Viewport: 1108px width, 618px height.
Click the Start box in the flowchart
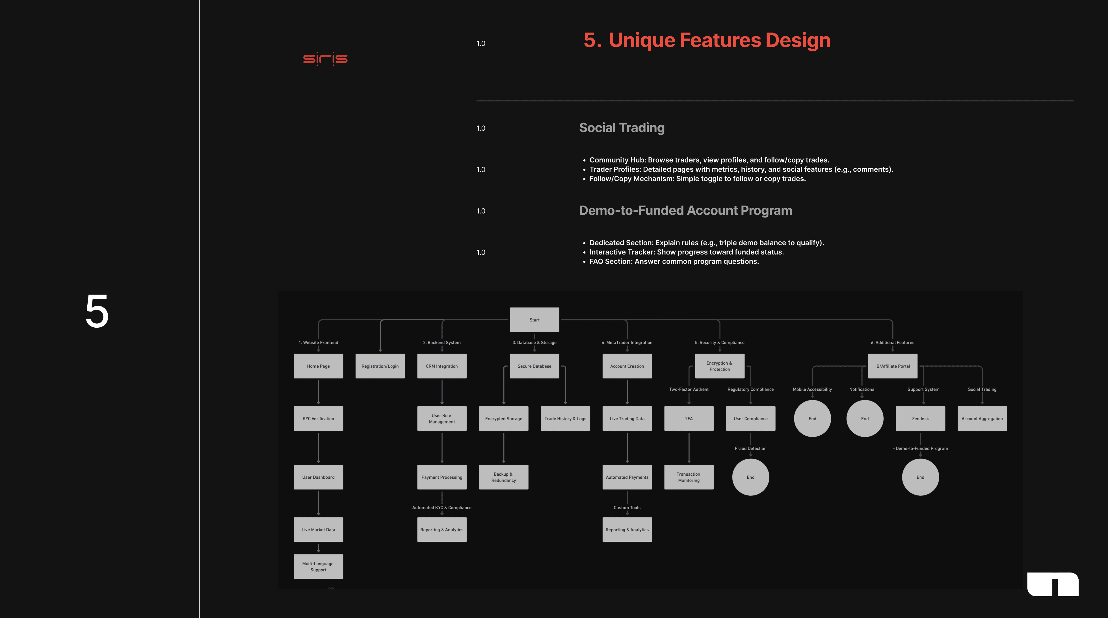534,320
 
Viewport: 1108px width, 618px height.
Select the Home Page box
318,366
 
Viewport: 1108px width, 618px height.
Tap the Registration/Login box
380,366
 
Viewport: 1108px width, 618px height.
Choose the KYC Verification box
318,419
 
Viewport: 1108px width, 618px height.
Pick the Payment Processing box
442,477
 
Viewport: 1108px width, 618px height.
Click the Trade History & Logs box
565,419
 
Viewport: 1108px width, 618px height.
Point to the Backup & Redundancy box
504,477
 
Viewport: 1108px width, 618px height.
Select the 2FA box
689,419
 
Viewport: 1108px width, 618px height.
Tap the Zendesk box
921,419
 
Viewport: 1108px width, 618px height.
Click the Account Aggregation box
982,419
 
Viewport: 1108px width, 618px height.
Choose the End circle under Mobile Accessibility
812,419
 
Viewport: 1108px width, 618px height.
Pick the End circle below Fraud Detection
750,477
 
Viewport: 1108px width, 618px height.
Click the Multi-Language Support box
318,566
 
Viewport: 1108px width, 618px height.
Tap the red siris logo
325,59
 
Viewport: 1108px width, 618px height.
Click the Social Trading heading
622,128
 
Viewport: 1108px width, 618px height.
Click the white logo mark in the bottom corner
1053,584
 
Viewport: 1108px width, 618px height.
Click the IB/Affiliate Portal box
893,366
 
